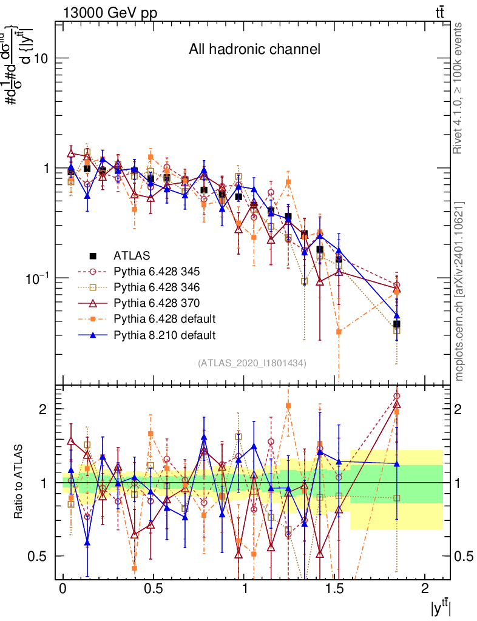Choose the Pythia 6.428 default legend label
pos(164,318)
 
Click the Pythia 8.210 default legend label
pos(164,334)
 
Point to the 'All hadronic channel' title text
pos(254,49)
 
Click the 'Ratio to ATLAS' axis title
pos(21,482)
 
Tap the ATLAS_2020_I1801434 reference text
pos(252,363)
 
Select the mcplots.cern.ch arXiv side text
pos(459,291)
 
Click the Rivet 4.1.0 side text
pos(459,88)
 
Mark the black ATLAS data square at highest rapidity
pos(396,324)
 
